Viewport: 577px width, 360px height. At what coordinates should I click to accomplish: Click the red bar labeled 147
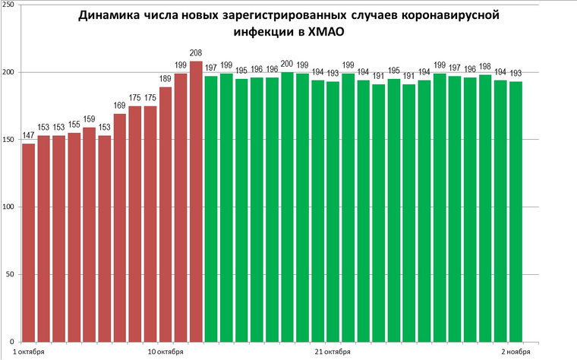coord(28,242)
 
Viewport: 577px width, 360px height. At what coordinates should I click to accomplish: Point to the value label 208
coord(196,53)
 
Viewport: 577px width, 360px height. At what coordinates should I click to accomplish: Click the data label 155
coord(74,125)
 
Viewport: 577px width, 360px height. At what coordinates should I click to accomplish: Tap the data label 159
coord(89,119)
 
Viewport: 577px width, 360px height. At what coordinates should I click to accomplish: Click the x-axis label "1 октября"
coord(29,352)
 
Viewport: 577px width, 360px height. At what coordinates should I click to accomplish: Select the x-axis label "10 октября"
coord(165,352)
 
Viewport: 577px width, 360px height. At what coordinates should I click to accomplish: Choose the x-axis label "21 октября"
coord(332,352)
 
